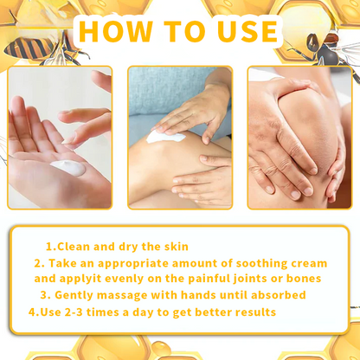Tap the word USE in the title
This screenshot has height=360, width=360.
(x=240, y=32)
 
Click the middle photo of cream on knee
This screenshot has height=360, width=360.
(x=180, y=138)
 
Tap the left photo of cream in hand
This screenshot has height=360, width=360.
(x=61, y=138)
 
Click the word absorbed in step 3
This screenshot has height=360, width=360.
(x=274, y=295)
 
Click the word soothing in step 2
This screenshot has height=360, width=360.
(x=259, y=262)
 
